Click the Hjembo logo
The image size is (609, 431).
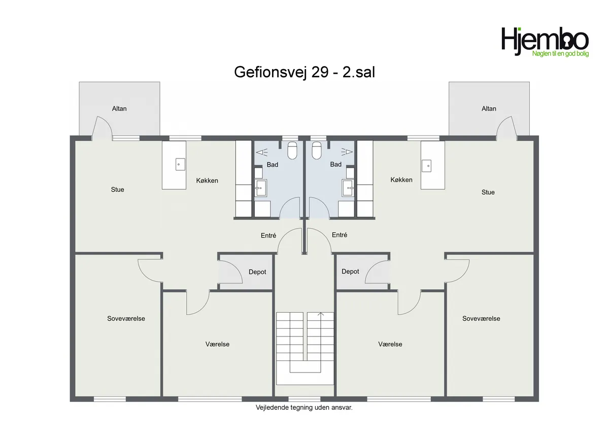point(545,42)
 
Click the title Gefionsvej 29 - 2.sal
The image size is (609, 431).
point(304,72)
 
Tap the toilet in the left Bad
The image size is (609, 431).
point(292,150)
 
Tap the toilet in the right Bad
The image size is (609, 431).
point(317,150)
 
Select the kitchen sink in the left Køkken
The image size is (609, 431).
point(180,165)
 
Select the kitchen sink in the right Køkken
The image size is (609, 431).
point(426,166)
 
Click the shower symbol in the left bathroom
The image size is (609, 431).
point(262,152)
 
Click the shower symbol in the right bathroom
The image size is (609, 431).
point(347,151)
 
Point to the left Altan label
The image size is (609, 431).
point(119,109)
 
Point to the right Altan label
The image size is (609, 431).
point(489,109)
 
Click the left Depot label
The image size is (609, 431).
point(257,272)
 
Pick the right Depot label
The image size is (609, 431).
point(350,271)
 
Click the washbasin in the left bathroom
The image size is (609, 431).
point(261,188)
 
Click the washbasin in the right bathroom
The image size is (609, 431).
point(348,188)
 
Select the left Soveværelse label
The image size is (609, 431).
point(126,319)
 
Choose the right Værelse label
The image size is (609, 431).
point(390,344)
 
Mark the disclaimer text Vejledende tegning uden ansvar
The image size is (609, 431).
point(304,408)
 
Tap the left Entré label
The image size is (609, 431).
point(268,235)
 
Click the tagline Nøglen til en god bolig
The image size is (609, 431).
point(560,54)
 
